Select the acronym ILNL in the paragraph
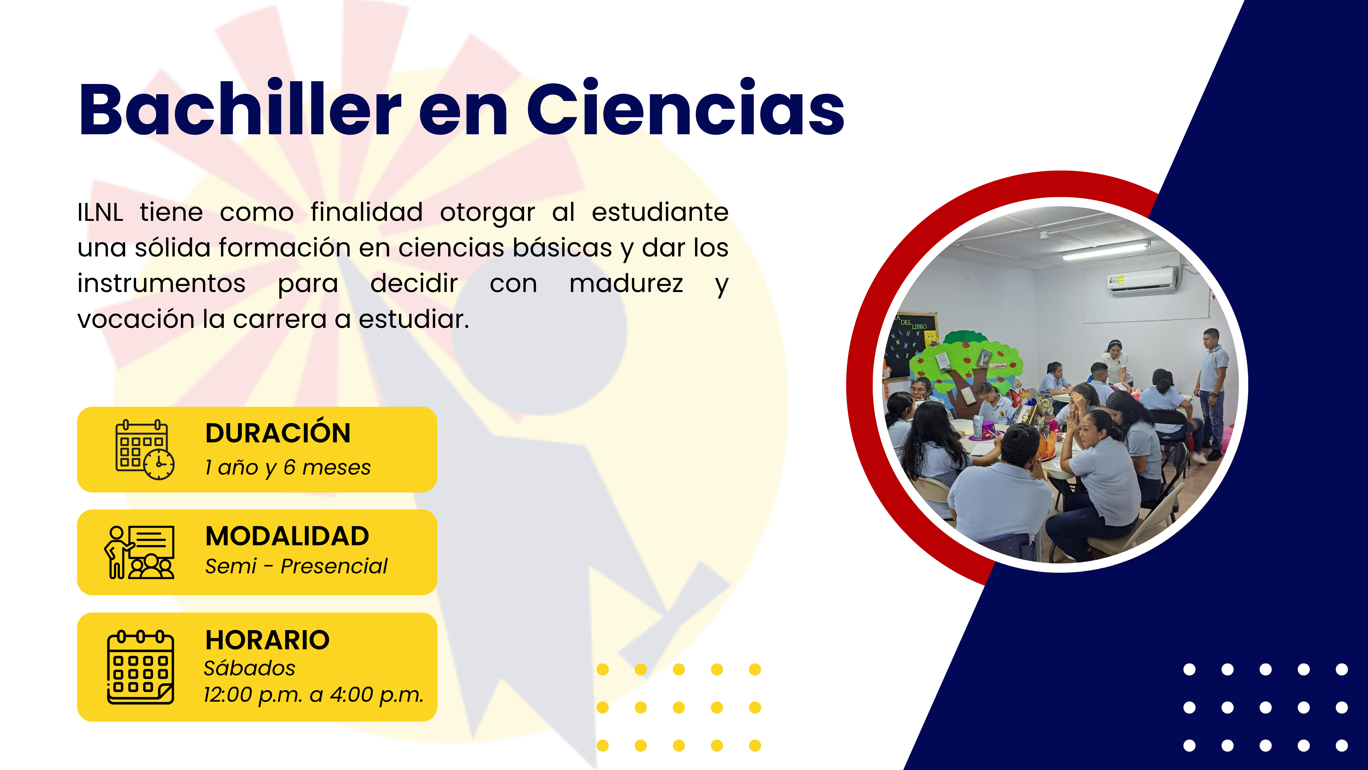(x=100, y=213)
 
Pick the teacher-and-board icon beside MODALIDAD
(x=139, y=552)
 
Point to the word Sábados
(x=250, y=668)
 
